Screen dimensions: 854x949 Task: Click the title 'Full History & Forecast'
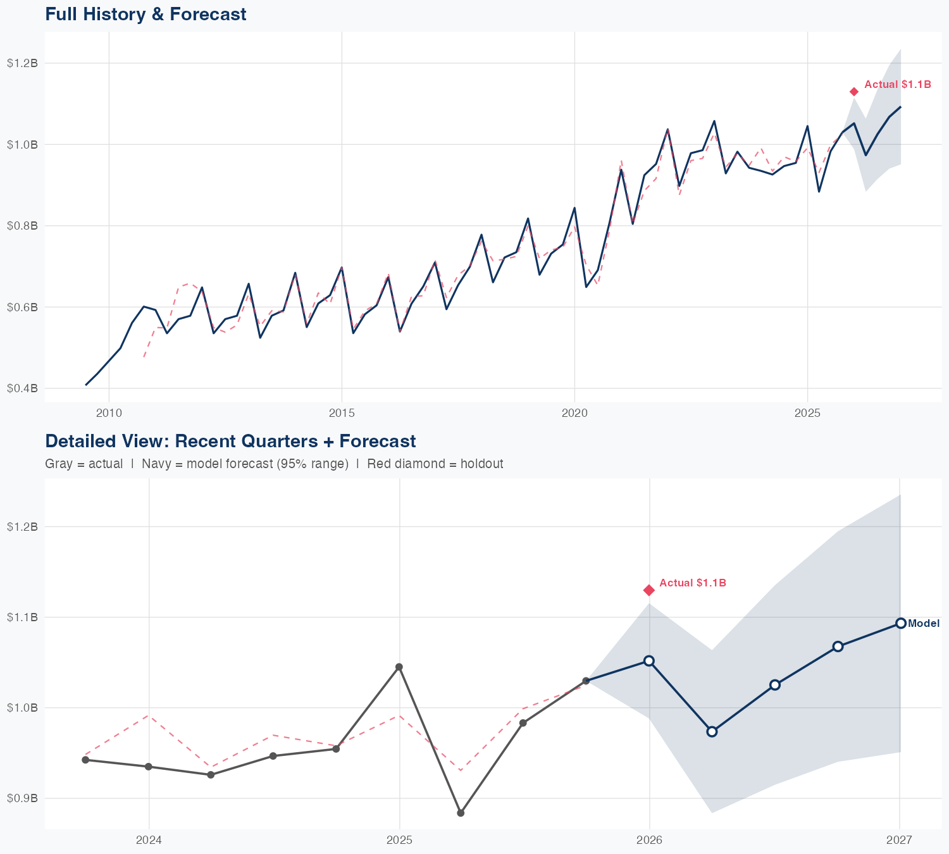146,14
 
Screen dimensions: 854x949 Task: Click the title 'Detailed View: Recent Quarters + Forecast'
230,441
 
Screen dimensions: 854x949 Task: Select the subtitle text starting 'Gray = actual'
274,464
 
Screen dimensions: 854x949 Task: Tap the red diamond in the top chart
854,92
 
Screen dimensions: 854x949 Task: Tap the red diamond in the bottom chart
648,590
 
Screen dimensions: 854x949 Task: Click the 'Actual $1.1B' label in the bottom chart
693,583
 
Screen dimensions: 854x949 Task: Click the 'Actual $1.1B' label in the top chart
897,84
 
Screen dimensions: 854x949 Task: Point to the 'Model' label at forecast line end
924,624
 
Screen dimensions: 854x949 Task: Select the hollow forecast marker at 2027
900,623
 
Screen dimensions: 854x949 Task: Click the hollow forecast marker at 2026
648,660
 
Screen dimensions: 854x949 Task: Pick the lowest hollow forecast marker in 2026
712,731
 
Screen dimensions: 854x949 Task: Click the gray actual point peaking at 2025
399,667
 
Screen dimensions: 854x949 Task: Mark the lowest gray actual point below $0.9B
461,813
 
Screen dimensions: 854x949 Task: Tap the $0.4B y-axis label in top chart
22,388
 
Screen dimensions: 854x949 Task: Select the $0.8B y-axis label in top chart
22,226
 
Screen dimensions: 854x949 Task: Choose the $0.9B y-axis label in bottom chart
22,798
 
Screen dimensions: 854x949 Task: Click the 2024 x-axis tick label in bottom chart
149,840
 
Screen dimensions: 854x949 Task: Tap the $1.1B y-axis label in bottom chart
22,617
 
